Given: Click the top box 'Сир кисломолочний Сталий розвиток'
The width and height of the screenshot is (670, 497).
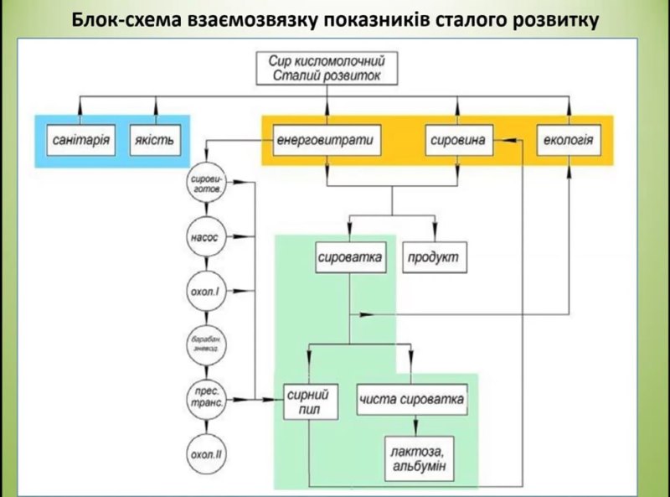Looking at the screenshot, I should (x=327, y=69).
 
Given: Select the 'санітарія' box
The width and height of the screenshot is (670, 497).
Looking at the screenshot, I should (x=79, y=139).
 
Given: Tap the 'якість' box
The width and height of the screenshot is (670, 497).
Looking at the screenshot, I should (x=155, y=139).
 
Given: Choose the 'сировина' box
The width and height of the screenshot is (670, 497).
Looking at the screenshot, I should (x=456, y=139).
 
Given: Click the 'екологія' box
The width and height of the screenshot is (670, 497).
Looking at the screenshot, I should (x=569, y=139).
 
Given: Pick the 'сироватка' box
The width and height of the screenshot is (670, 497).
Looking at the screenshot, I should (x=350, y=258).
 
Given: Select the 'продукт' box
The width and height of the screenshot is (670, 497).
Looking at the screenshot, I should (x=435, y=258).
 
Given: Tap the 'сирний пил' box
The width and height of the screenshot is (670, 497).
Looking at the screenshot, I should (x=312, y=401).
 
